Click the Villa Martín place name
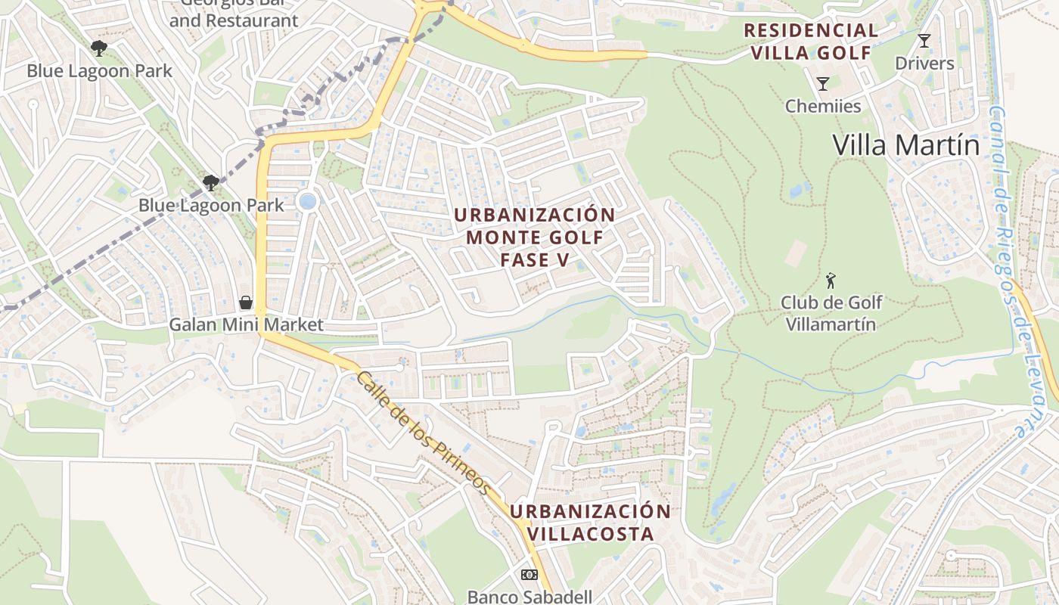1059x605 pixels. pyautogui.click(x=905, y=144)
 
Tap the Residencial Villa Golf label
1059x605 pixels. pyautogui.click(x=811, y=42)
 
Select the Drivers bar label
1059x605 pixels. pyautogui.click(x=924, y=64)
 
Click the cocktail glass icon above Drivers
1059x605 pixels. pyautogui.click(x=924, y=41)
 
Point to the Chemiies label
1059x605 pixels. pyautogui.click(x=823, y=106)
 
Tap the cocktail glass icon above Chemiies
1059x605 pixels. pyautogui.click(x=823, y=83)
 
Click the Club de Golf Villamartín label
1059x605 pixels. pyautogui.click(x=831, y=313)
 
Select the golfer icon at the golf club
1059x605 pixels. pyautogui.click(x=831, y=281)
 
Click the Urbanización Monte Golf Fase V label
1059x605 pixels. pyautogui.click(x=534, y=237)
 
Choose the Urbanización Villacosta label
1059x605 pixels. pyautogui.click(x=590, y=522)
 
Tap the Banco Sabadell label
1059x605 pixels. pyautogui.click(x=529, y=596)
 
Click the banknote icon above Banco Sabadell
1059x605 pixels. pyautogui.click(x=529, y=575)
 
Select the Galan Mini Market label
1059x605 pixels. pyautogui.click(x=246, y=325)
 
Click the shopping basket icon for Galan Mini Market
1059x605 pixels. pyautogui.click(x=246, y=303)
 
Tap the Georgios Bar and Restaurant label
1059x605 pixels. pyautogui.click(x=234, y=14)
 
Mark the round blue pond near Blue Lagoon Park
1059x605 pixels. pyautogui.click(x=307, y=201)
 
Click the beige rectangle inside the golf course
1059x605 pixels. pyautogui.click(x=795, y=253)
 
